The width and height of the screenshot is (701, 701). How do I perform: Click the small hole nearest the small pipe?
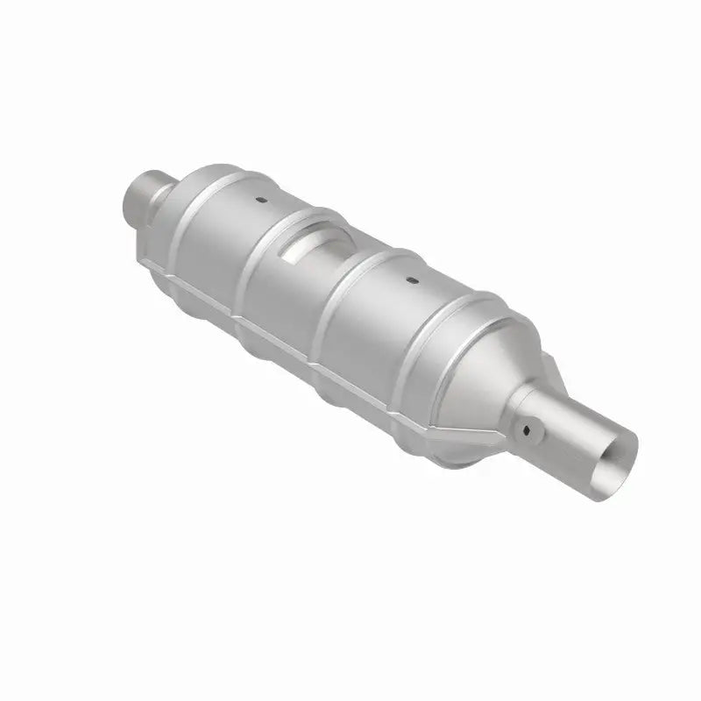[x=261, y=201]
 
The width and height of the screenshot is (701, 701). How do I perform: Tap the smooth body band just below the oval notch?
[x=289, y=298]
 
